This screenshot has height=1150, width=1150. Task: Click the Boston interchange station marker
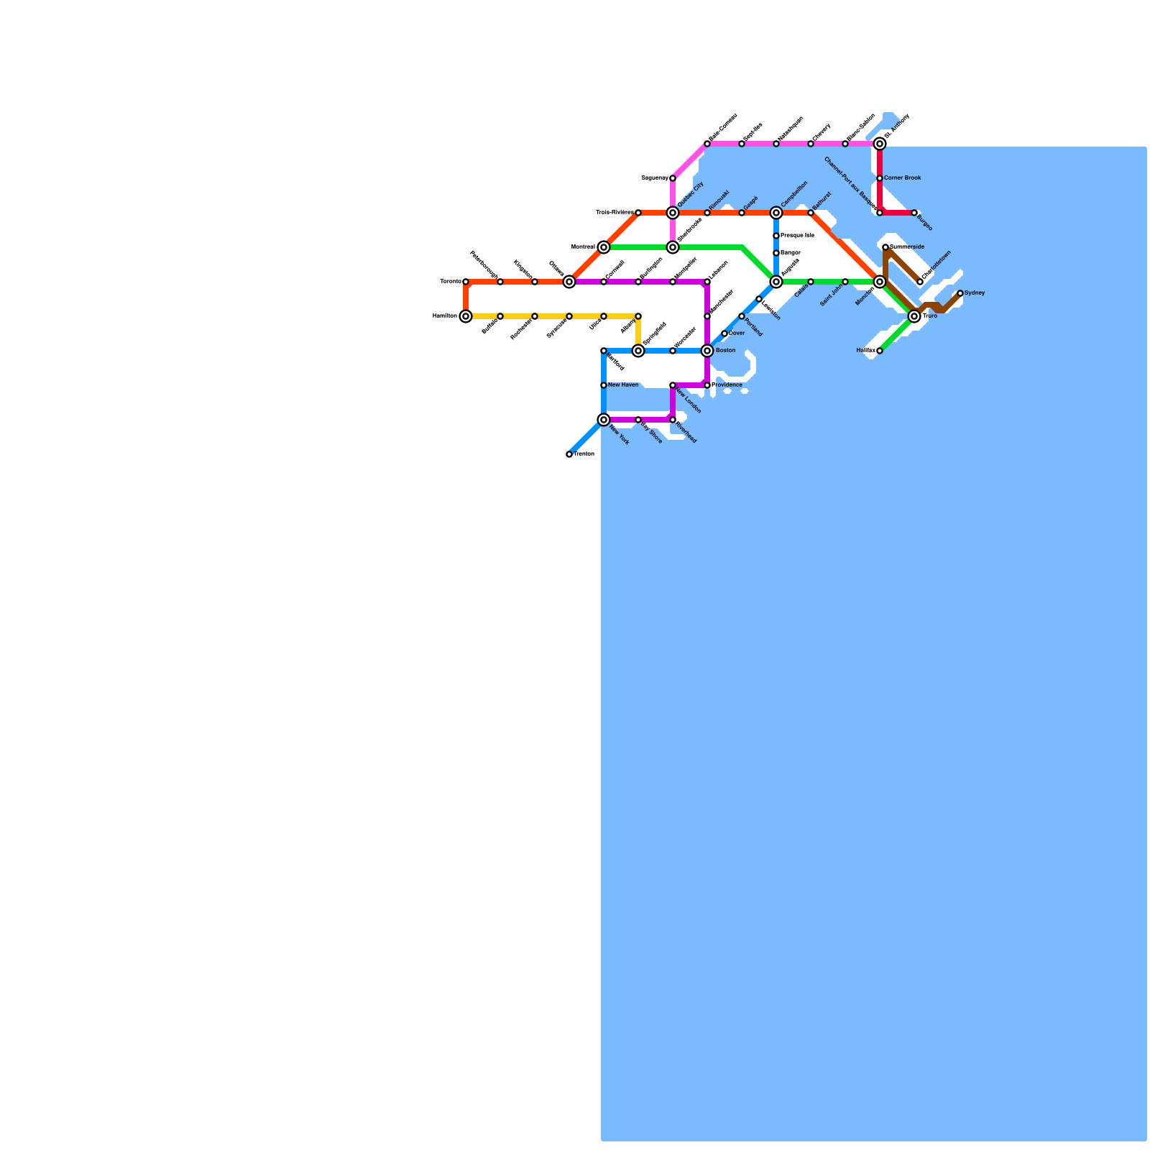tap(707, 351)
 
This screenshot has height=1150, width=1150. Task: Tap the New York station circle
tap(604, 420)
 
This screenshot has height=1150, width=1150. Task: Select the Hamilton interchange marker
tap(466, 316)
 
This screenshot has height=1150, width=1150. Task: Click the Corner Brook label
tap(902, 178)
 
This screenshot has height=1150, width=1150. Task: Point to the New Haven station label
tap(623, 385)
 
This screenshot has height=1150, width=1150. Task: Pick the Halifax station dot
tap(880, 351)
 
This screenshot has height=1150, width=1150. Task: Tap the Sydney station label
tap(975, 293)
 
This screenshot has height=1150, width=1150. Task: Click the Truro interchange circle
tap(914, 316)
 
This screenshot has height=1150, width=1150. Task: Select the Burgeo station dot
tap(914, 213)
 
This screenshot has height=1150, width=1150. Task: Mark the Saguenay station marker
tap(673, 178)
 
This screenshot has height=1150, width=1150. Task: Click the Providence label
tap(727, 385)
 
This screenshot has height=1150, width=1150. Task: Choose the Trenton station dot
tap(569, 454)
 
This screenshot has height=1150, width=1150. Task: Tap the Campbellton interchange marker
tap(776, 213)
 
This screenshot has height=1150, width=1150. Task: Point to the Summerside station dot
tap(885, 247)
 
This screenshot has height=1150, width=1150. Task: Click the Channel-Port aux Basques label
tap(851, 184)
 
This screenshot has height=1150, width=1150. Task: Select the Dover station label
tap(737, 333)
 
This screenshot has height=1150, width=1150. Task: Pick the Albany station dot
tap(638, 316)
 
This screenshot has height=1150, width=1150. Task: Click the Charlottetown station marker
tap(920, 282)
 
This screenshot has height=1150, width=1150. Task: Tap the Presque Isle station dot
tap(776, 236)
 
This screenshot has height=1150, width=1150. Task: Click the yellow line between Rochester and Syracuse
tap(552, 316)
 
